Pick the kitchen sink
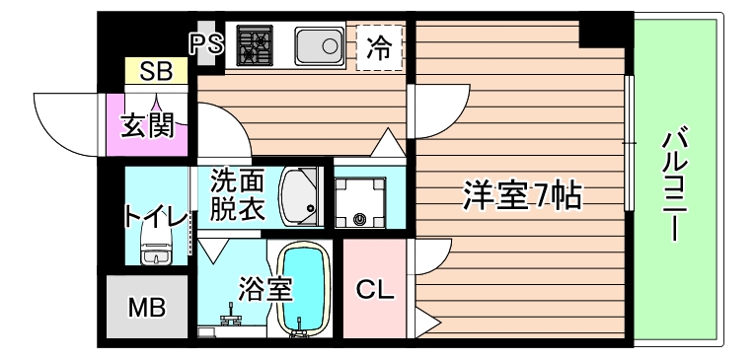pos(318,46)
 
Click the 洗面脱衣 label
pos(237,195)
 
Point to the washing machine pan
pos(359,202)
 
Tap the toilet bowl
pos(157,246)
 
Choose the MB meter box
pos(146,306)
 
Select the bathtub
pos(304,291)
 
